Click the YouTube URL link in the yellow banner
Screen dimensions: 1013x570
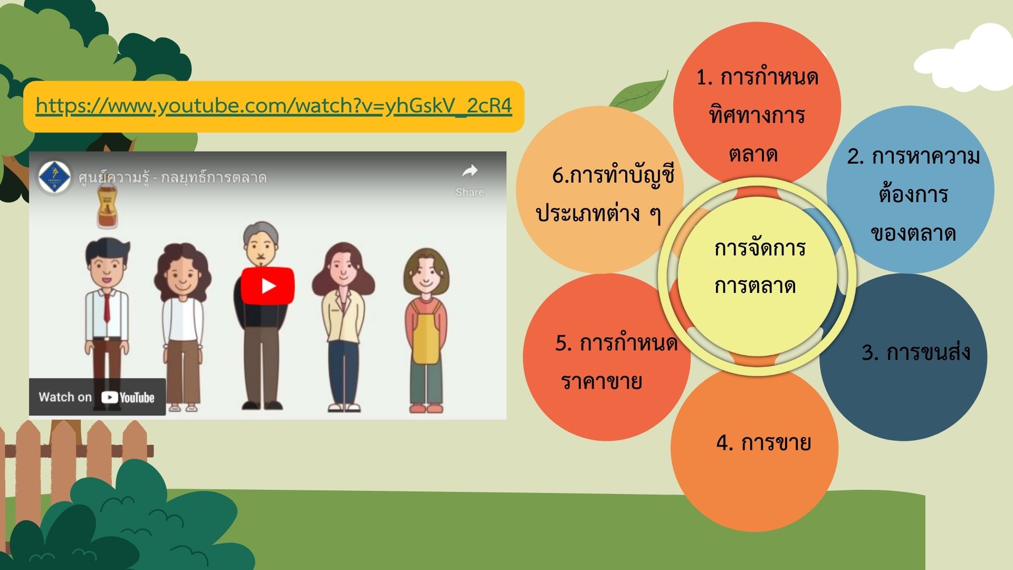click(x=274, y=106)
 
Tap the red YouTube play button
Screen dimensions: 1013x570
click(x=268, y=286)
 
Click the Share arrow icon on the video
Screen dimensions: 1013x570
click(x=470, y=171)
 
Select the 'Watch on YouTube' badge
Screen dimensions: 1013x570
click(x=97, y=397)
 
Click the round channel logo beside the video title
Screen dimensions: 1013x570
click(x=54, y=177)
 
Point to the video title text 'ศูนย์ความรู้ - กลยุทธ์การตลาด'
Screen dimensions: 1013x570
click(x=173, y=177)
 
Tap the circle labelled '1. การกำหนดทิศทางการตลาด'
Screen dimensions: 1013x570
click(x=757, y=106)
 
